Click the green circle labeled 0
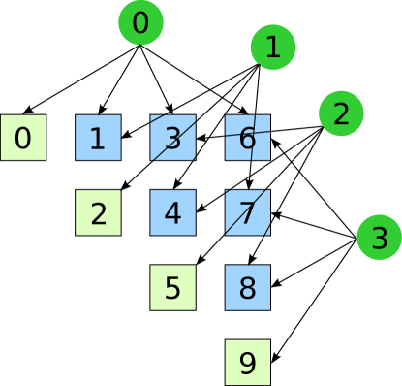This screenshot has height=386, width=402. (141, 23)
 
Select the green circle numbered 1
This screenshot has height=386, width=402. (273, 48)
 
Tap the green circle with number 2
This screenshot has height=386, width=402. (341, 113)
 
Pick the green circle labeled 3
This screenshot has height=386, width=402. (379, 237)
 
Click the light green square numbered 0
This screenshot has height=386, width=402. (23, 138)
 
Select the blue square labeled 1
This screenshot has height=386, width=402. (98, 138)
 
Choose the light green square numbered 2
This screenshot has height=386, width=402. (98, 212)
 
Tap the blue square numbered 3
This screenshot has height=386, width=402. (172, 138)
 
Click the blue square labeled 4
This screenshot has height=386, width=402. (172, 212)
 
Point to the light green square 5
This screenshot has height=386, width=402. (172, 287)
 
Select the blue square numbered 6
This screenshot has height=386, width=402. (247, 138)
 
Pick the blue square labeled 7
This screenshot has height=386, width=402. (247, 212)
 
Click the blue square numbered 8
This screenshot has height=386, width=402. (247, 287)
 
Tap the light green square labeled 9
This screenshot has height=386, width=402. (247, 362)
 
